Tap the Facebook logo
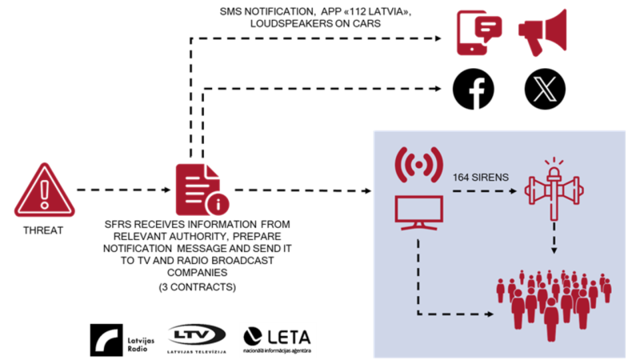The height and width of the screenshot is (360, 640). coord(474,88)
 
